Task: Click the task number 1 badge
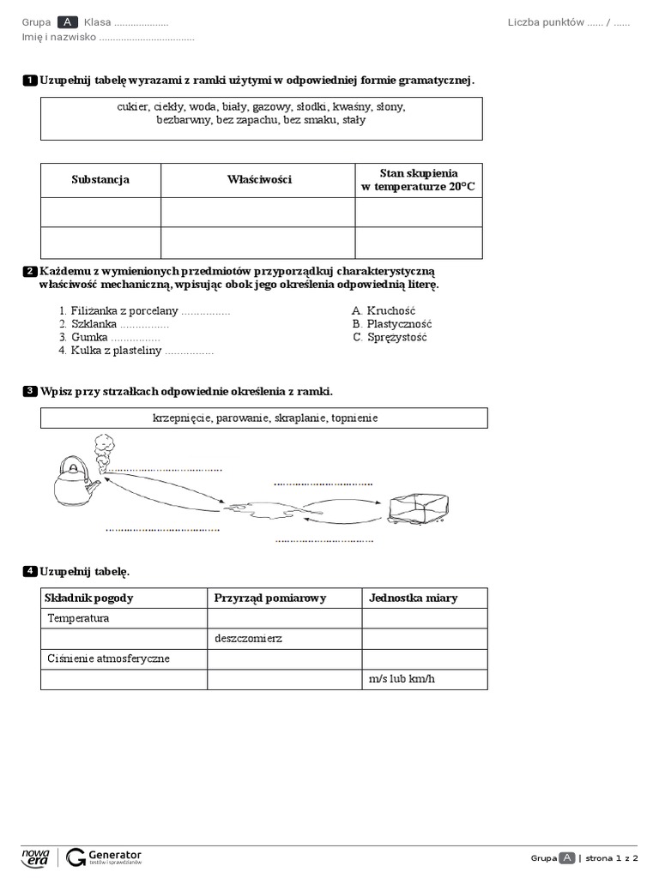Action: (x=29, y=81)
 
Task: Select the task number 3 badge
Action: (x=29, y=392)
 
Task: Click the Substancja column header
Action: (x=100, y=180)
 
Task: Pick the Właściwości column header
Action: (x=259, y=180)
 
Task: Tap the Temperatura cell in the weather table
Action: (x=79, y=618)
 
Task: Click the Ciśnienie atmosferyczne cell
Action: (x=109, y=658)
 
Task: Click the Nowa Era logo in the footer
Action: (x=35, y=857)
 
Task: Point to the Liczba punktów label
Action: (x=545, y=22)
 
